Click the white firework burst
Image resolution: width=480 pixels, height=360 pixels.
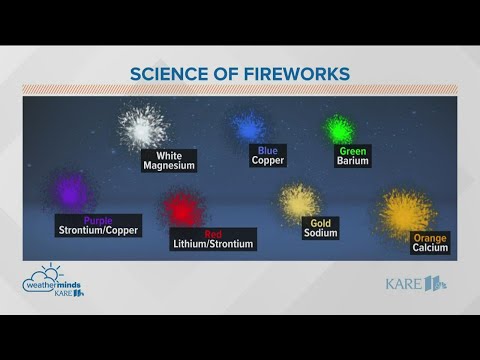(x=143, y=127)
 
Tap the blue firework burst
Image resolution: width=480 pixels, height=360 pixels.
(x=248, y=127)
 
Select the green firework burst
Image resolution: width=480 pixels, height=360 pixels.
(x=340, y=128)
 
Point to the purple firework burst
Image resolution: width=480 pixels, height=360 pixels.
(x=71, y=190)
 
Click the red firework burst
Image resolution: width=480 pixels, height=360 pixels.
(x=183, y=208)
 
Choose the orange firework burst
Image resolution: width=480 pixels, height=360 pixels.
(x=406, y=211)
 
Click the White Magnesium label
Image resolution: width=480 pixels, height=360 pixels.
(x=168, y=161)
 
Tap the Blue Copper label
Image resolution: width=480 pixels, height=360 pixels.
(x=267, y=155)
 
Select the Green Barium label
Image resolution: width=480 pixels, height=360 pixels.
(x=353, y=155)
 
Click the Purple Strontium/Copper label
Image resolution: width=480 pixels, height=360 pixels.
(x=98, y=225)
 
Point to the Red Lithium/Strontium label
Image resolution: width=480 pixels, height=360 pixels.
(x=214, y=239)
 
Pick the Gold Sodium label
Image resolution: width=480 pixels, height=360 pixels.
(x=321, y=228)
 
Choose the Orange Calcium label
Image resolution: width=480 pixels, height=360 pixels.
(x=430, y=242)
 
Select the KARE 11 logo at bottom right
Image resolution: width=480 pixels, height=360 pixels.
(x=416, y=283)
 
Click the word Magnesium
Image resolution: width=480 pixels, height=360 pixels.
(x=168, y=166)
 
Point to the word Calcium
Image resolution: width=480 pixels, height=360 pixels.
(x=430, y=248)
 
